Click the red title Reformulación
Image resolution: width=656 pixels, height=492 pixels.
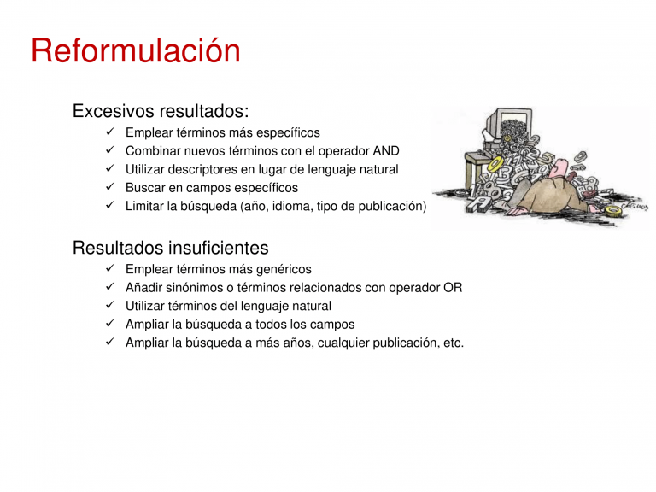click(x=136, y=50)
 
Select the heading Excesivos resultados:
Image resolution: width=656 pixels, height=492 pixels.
click(x=161, y=111)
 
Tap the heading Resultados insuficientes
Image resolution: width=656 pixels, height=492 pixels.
click(x=170, y=248)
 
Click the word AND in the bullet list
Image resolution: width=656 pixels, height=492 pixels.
click(x=386, y=150)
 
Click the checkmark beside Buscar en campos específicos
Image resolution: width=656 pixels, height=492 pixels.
click(x=110, y=186)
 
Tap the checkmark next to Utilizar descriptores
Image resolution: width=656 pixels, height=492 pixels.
click(x=110, y=168)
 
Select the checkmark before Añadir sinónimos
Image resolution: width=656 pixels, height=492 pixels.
click(x=110, y=287)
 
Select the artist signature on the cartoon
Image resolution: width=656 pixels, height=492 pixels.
click(x=635, y=206)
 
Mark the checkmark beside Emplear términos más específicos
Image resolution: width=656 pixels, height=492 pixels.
click(x=110, y=132)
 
